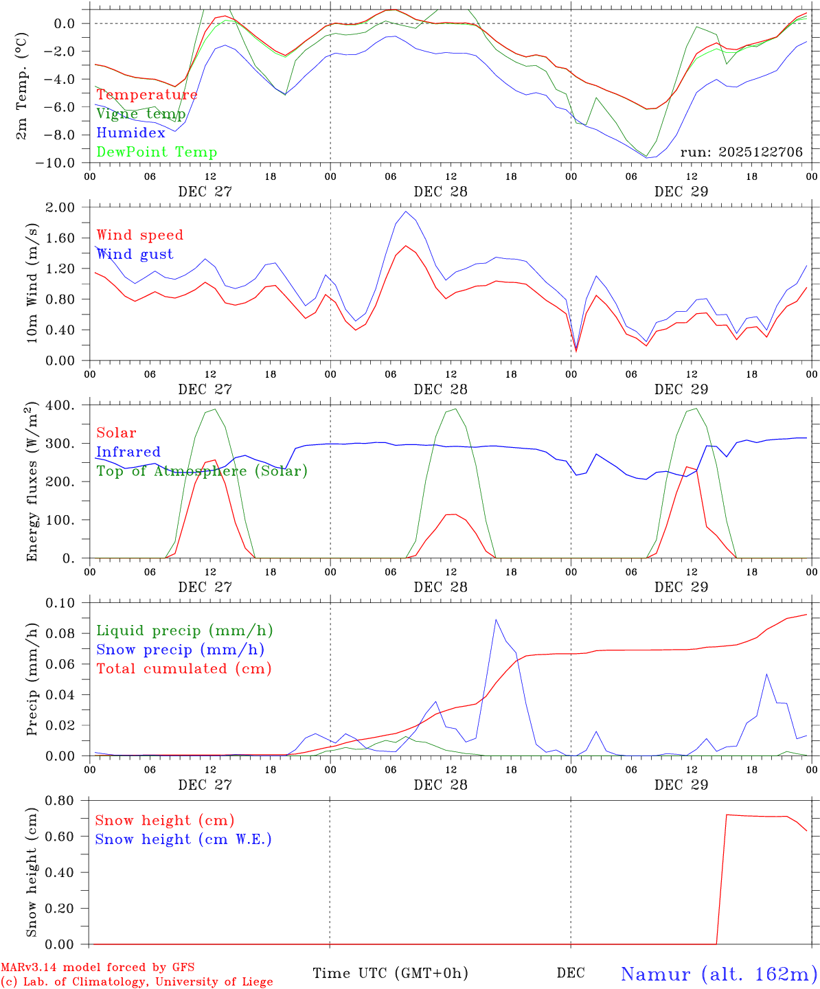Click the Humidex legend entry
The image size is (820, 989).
click(130, 133)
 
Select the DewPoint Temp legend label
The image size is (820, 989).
click(157, 152)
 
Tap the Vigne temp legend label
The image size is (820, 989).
click(140, 113)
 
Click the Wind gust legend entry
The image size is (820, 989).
click(135, 254)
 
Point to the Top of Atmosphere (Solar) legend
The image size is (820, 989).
click(201, 471)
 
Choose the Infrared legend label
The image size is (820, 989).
click(128, 452)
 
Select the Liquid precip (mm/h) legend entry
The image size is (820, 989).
click(185, 630)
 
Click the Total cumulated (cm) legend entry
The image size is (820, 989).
click(184, 668)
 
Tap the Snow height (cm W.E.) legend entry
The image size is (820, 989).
click(183, 839)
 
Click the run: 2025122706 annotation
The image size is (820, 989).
click(741, 152)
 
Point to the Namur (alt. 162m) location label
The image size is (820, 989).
click(719, 973)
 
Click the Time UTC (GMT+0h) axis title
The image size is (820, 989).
click(390, 973)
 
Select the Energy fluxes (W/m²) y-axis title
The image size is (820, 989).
click(32, 484)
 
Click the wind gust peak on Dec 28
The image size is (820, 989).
click(407, 212)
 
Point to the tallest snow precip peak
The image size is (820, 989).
click(496, 619)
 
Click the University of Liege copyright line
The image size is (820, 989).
click(137, 982)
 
